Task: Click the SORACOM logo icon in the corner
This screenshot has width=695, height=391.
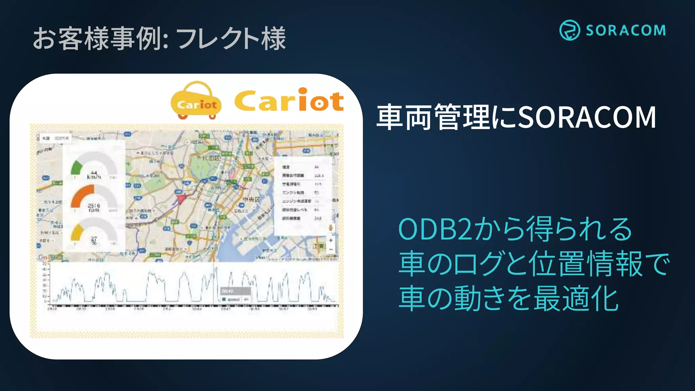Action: click(569, 30)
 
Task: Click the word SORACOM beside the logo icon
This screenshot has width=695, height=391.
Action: click(625, 31)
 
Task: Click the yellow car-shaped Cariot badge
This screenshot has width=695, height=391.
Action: click(196, 101)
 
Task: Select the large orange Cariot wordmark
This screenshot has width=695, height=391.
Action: click(289, 100)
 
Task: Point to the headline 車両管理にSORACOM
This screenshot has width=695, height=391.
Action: click(516, 117)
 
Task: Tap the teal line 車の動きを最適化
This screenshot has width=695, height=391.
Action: click(508, 299)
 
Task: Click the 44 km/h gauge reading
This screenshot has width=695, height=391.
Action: click(94, 175)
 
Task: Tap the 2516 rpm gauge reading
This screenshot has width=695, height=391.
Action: click(94, 207)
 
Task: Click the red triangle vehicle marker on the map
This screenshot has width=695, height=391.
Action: click(182, 198)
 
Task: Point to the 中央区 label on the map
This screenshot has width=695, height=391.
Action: click(251, 199)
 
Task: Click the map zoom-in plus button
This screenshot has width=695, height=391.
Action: click(331, 240)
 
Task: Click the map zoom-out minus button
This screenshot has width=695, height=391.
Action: click(331, 249)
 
